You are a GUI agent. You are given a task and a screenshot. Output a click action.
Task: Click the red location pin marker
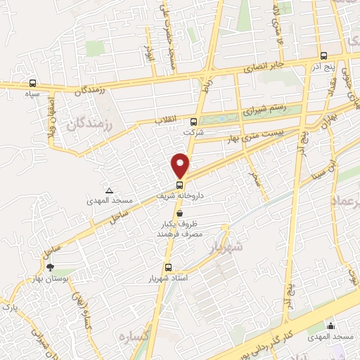[x=181, y=165]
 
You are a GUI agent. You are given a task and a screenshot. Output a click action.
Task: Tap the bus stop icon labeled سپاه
[x=32, y=84]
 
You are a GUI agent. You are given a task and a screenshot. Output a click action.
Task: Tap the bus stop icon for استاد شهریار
[x=167, y=267]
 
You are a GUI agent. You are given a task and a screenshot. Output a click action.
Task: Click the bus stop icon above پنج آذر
[x=323, y=56]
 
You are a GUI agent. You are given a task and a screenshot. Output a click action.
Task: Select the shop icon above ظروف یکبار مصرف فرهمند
[x=181, y=212]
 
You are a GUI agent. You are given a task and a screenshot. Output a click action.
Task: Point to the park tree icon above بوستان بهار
[x=49, y=267]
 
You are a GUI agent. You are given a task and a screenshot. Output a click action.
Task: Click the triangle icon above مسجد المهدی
[x=109, y=190]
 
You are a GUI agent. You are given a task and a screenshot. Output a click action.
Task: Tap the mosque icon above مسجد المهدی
[x=330, y=325]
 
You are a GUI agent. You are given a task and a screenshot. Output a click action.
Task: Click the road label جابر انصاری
[x=262, y=68]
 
